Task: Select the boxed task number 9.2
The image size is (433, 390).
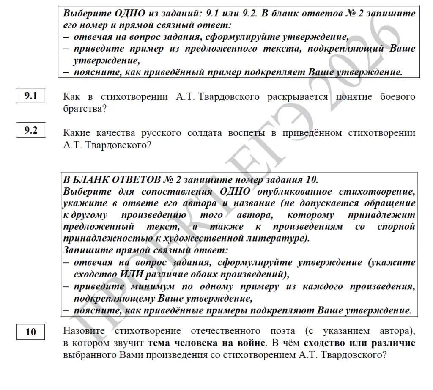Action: [x=31, y=130]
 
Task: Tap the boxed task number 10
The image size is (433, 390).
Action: [x=31, y=332]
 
